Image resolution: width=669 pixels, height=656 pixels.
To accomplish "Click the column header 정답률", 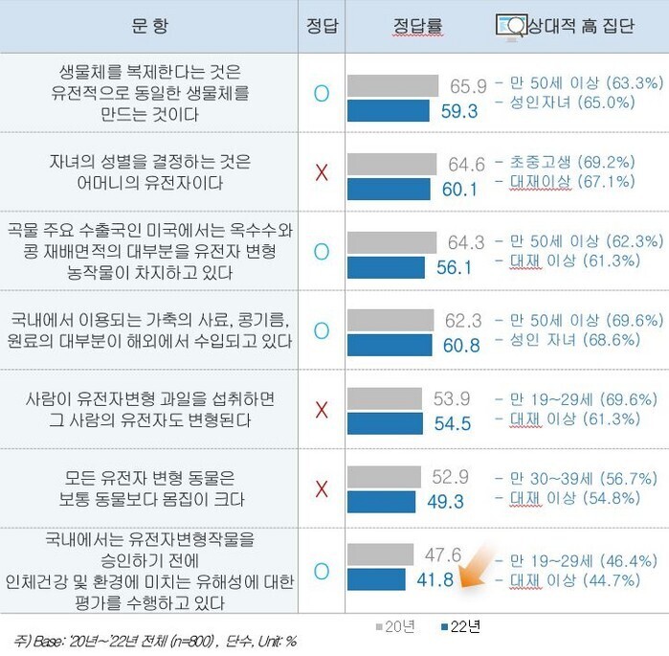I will pyautogui.click(x=417, y=26).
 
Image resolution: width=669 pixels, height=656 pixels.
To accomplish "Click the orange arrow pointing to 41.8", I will pyautogui.click(x=476, y=566).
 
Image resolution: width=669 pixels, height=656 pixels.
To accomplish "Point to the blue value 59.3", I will pyautogui.click(x=459, y=111).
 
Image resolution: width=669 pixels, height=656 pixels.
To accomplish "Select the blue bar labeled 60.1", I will pyautogui.click(x=390, y=189).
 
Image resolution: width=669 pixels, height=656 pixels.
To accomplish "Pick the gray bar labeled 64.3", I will pyautogui.click(x=391, y=241).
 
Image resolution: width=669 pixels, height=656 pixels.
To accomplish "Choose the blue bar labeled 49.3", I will pyautogui.click(x=382, y=502).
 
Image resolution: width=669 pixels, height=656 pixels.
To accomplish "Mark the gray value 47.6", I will pyautogui.click(x=443, y=554).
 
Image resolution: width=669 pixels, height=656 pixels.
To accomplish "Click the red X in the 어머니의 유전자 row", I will pyautogui.click(x=322, y=172).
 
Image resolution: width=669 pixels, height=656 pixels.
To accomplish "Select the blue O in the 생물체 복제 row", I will pyautogui.click(x=322, y=93).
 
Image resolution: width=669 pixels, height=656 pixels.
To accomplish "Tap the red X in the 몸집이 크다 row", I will pyautogui.click(x=322, y=488).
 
